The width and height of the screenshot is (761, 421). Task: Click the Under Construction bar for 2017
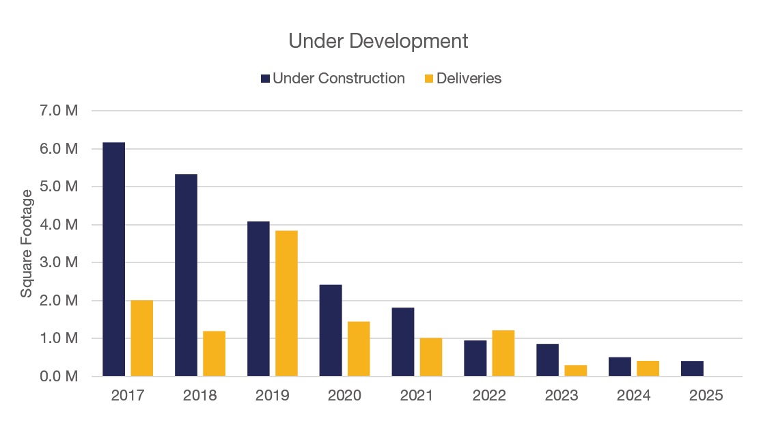coord(114,260)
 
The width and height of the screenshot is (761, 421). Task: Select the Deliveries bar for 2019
coord(286,303)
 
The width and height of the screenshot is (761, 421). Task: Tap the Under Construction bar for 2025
coord(692,368)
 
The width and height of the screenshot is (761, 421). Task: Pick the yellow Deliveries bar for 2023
coord(575,370)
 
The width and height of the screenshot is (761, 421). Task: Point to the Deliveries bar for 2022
coord(503,353)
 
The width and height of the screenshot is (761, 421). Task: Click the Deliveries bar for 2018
coord(214,353)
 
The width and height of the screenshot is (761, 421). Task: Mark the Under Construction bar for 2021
coord(403,342)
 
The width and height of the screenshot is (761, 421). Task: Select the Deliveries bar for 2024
coord(648,368)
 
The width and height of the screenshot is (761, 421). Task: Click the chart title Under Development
coord(378,41)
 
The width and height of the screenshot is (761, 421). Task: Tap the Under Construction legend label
coord(339,79)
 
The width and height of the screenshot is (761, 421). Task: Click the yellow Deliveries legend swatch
coord(429,79)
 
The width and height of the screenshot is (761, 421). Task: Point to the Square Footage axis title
coord(27,243)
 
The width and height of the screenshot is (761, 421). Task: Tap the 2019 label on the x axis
coord(272,396)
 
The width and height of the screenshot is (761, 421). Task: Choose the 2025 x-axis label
coord(706,396)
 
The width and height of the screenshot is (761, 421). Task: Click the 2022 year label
coord(489,396)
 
